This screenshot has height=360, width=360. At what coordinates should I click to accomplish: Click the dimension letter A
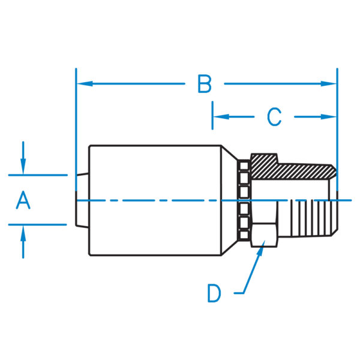click(23, 200)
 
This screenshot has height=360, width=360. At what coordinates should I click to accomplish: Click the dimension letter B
click(205, 84)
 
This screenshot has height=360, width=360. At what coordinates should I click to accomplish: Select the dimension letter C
click(274, 116)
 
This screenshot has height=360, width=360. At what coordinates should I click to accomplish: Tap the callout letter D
click(214, 293)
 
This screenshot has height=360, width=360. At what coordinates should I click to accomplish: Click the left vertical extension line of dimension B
click(76, 120)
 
